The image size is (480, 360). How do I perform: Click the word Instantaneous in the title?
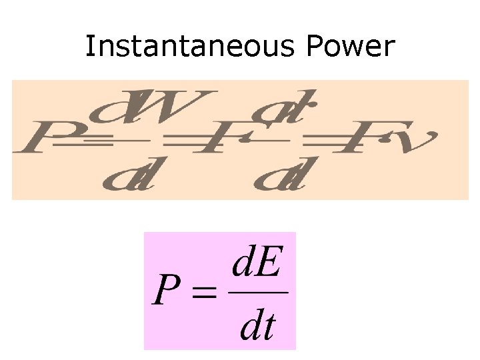click(x=187, y=46)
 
